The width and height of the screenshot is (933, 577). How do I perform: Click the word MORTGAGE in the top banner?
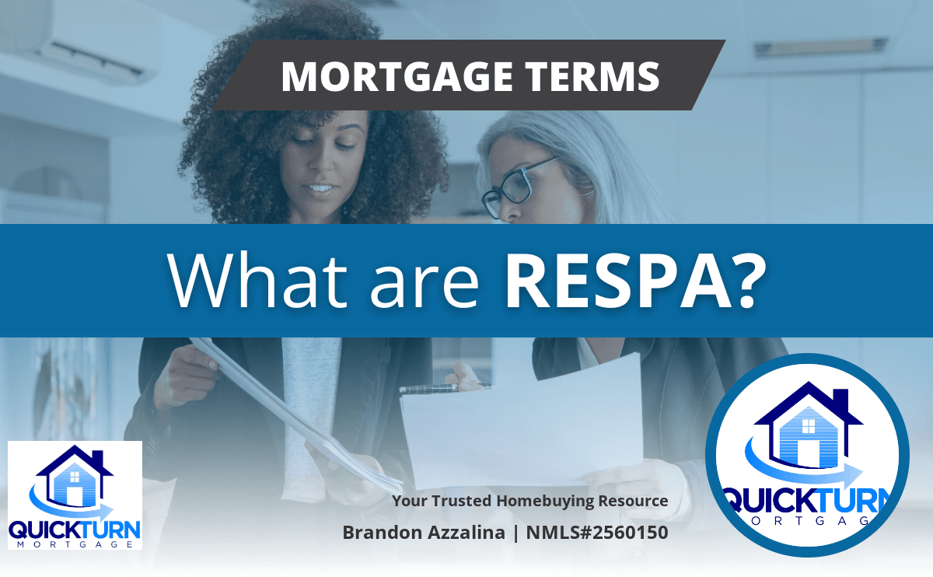[397, 76]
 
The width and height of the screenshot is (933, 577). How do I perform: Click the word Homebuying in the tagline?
[545, 501]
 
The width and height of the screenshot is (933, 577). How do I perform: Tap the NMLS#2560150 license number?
[597, 533]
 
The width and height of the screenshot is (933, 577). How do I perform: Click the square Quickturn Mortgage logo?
[75, 495]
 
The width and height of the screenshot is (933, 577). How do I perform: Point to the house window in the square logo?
[75, 477]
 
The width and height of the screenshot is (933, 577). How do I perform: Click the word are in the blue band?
[425, 287]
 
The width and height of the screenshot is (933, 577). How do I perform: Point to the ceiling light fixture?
[821, 47]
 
